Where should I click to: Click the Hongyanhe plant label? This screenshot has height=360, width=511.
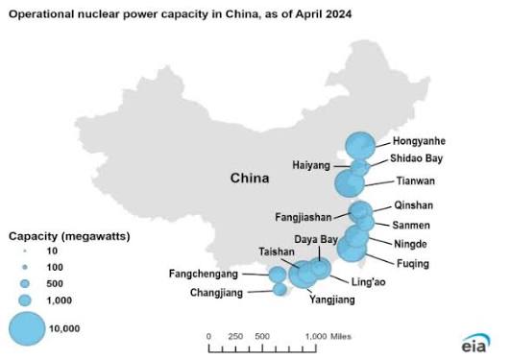click(419, 141)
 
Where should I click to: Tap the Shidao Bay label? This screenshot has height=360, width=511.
click(415, 159)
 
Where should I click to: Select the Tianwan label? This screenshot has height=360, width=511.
click(415, 180)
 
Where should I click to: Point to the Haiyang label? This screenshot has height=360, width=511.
click(311, 165)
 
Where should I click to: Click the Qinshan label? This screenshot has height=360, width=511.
click(414, 205)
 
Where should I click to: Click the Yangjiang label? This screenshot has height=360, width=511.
click(331, 300)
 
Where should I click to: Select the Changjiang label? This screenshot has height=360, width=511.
click(215, 293)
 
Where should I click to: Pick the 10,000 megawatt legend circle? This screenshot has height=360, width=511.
click(28, 328)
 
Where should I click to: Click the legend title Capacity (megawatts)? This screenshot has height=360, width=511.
click(69, 235)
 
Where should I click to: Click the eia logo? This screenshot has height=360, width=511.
click(474, 343)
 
